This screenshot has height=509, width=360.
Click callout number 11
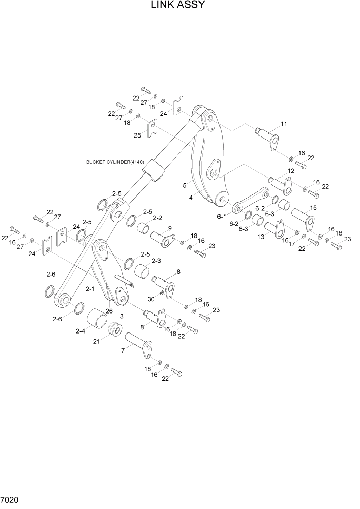(x=284, y=124)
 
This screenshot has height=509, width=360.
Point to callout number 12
(x=290, y=171)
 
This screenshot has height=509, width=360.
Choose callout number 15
(x=313, y=208)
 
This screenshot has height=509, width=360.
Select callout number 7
(x=123, y=350)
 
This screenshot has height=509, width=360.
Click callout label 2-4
(x=80, y=331)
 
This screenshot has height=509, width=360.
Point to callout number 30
(x=151, y=299)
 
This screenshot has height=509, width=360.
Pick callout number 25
(x=137, y=135)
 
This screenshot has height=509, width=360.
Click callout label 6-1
(x=222, y=217)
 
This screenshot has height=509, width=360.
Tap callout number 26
(x=109, y=310)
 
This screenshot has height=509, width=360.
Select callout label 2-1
(x=90, y=289)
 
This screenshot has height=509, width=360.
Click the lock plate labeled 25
(x=152, y=127)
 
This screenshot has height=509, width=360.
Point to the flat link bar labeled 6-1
(x=251, y=200)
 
